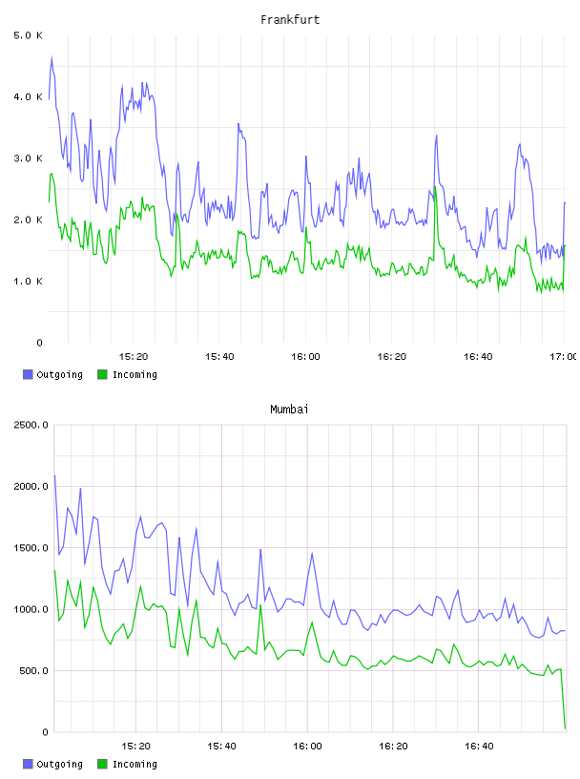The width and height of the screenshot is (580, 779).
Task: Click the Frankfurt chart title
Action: pos(290,20)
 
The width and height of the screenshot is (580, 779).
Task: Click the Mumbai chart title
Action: pos(289,410)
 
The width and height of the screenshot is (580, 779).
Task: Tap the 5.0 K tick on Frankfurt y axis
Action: pos(28,35)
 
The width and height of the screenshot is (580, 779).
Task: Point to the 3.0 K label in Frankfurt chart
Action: pos(28,158)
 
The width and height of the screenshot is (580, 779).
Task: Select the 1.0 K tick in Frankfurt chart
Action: pos(28,282)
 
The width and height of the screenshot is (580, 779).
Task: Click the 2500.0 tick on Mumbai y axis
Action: pos(31,425)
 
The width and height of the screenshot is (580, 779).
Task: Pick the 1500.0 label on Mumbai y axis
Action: pos(31,548)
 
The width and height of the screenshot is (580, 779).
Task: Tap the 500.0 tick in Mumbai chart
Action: pos(33,671)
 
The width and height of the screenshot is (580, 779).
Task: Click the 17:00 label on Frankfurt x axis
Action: pos(563,357)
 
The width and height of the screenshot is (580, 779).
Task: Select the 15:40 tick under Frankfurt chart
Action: pos(219,357)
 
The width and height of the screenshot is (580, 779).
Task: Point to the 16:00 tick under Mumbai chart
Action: pos(307,747)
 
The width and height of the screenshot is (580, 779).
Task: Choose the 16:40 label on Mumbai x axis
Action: pos(479,747)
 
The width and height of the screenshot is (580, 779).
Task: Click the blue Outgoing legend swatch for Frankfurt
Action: pos(28,374)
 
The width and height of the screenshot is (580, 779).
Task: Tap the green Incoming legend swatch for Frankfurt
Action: pos(102,374)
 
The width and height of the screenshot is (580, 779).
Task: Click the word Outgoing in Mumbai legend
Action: pos(59,764)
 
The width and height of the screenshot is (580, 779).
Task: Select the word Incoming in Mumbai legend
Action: pos(135,764)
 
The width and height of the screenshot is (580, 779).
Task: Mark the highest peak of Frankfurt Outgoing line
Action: pos(52,57)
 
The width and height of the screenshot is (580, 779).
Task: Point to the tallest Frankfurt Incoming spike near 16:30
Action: pos(435,187)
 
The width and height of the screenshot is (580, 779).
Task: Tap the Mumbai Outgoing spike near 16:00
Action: pos(312,553)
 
